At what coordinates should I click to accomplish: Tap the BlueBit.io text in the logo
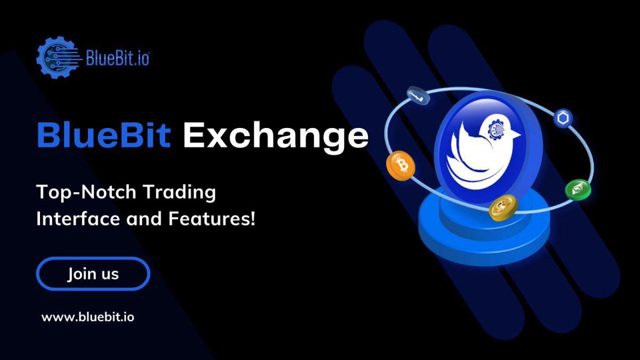coord(118,57)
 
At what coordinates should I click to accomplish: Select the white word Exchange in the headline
coord(275,137)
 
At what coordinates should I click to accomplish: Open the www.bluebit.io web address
coord(88,317)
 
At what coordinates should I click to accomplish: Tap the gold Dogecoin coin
coord(503,207)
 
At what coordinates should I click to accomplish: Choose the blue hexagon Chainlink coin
coord(563,118)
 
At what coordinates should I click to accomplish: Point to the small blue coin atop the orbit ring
coord(418,96)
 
